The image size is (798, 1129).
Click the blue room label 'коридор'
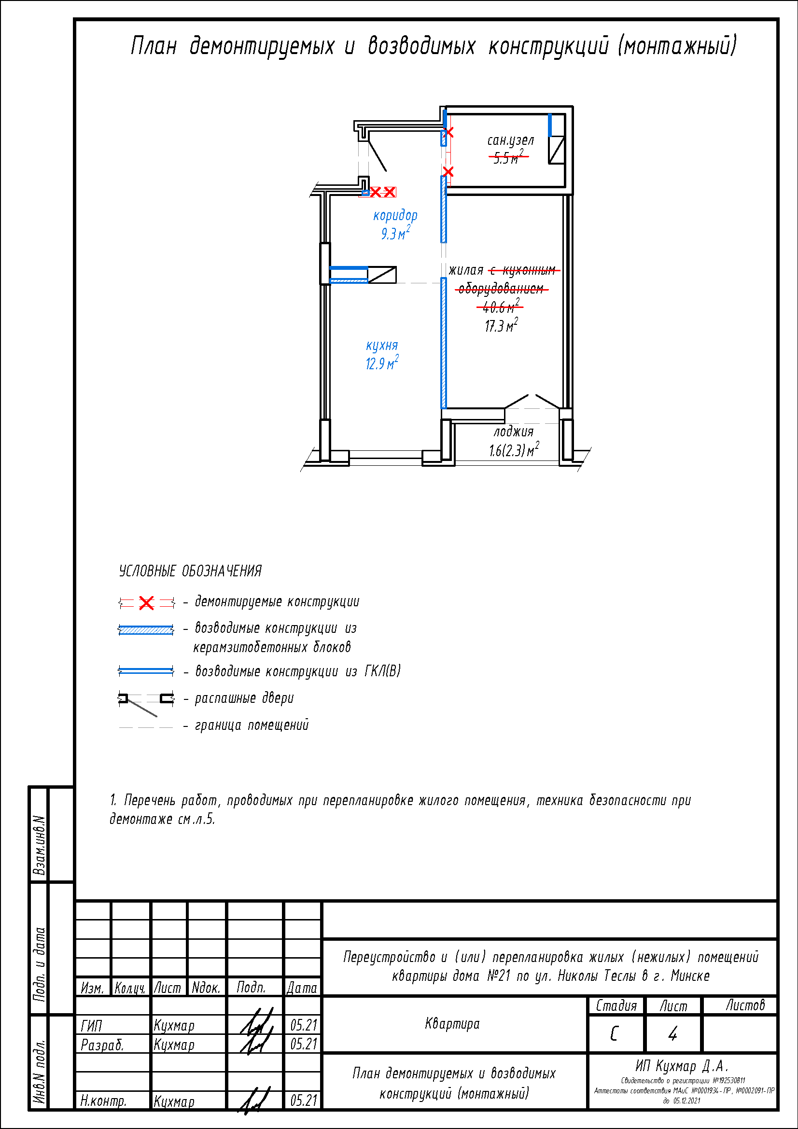click(395, 216)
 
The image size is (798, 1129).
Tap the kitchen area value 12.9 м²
click(381, 363)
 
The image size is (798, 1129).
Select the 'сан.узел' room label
click(510, 140)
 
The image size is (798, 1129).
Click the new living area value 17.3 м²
click(501, 325)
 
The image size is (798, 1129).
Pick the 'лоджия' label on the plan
click(513, 432)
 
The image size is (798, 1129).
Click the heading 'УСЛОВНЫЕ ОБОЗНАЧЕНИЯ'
click(190, 571)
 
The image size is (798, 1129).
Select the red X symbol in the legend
click(146, 603)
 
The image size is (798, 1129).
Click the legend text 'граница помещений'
click(252, 725)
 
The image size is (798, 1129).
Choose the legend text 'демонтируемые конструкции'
click(277, 601)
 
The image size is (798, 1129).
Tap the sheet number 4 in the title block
click(672, 1033)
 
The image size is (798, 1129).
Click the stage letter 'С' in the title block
click(614, 1033)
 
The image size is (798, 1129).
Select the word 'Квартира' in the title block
click(452, 1024)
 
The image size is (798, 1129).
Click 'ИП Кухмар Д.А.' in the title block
click(682, 1066)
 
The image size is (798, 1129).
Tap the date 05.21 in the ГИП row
click(303, 1025)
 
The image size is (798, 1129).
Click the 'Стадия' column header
click(616, 1005)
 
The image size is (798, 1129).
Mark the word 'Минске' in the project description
click(690, 976)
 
